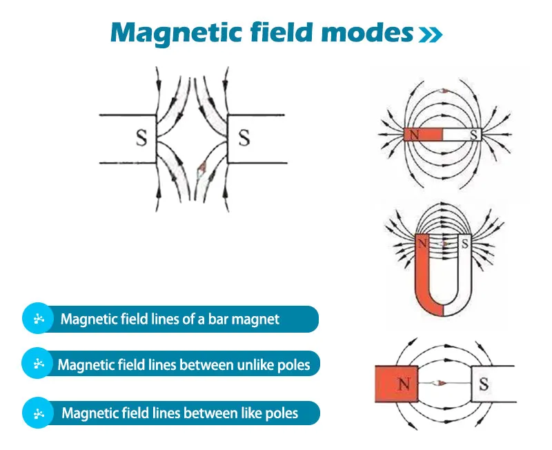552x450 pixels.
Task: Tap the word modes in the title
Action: coord(367,32)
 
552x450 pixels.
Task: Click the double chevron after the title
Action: coord(431,35)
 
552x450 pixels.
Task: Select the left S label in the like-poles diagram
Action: coord(141,138)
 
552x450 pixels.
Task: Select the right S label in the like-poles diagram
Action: coord(244,138)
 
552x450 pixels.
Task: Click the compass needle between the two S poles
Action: coord(201,169)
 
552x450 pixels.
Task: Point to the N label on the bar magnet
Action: coord(415,135)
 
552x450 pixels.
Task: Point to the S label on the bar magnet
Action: coord(474,135)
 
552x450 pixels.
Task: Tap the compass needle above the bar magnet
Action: coord(443,91)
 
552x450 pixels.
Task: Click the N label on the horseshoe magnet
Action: coord(423,244)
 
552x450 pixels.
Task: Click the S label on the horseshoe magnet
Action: coord(465,244)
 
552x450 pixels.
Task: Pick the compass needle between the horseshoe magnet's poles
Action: coord(443,244)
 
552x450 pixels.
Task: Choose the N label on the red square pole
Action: coord(404,384)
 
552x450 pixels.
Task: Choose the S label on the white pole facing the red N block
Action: coord(484,384)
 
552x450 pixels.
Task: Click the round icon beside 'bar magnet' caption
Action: coord(39,318)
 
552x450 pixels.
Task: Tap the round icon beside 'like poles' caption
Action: coord(39,413)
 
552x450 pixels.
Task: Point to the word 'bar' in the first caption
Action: coord(217,319)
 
